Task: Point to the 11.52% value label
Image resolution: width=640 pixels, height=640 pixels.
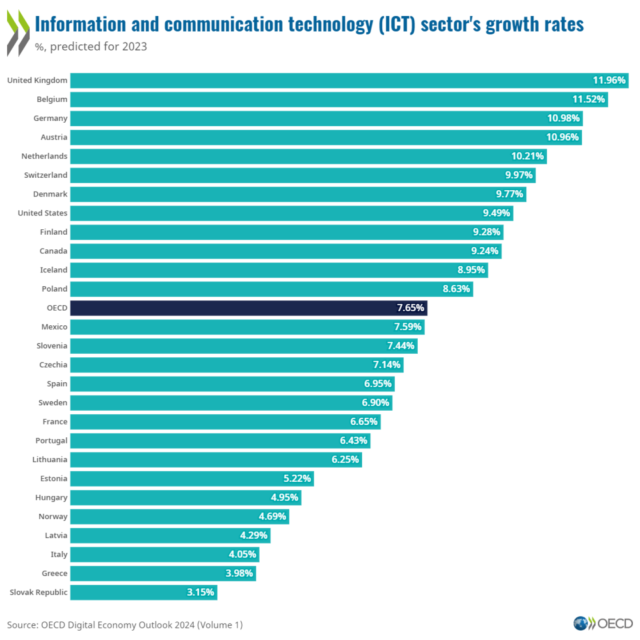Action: [588, 100]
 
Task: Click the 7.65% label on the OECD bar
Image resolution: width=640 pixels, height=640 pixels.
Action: [410, 308]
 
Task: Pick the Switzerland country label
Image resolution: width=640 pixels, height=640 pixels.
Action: [46, 175]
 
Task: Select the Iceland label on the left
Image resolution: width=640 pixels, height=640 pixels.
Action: [53, 270]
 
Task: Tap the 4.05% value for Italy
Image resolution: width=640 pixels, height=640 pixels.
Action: [242, 555]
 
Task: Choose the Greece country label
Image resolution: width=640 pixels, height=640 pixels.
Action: [54, 573]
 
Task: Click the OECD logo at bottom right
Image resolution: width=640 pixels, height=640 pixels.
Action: [603, 623]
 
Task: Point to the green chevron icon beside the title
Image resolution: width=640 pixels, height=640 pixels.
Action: [18, 33]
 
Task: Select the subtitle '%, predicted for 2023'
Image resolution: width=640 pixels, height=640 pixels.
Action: [91, 47]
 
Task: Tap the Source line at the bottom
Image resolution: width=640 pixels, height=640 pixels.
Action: [125, 625]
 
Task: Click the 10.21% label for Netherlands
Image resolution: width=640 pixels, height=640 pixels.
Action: [527, 156]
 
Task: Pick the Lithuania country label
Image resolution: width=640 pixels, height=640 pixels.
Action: [49, 460]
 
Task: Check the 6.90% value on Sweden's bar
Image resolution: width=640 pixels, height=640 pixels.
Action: [375, 403]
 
